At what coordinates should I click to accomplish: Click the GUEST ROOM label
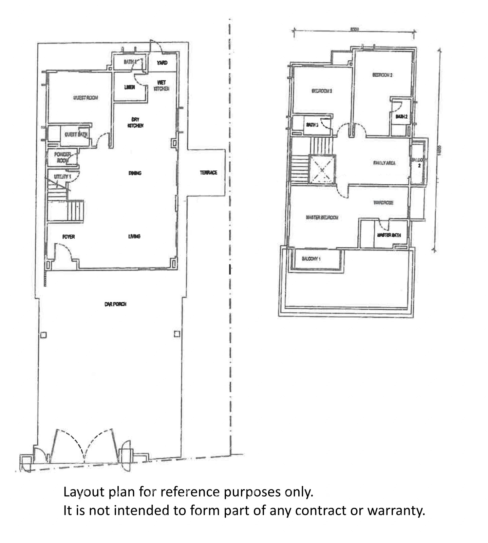(86, 98)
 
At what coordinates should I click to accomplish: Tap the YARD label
(162, 63)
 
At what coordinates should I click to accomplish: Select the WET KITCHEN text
(162, 85)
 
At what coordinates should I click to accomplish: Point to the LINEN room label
(129, 87)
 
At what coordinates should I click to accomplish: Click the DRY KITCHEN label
(135, 122)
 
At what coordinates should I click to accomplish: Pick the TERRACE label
(208, 173)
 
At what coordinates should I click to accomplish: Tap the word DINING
(135, 173)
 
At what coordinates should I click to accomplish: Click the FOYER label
(69, 237)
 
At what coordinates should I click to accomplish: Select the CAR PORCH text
(115, 304)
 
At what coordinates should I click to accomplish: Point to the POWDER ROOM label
(62, 157)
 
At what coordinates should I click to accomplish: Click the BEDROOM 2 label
(382, 75)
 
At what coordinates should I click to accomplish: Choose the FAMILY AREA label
(384, 163)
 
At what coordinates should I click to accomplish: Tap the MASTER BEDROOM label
(322, 217)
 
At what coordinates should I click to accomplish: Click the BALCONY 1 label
(311, 259)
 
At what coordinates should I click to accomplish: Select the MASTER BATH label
(389, 235)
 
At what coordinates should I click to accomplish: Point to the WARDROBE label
(383, 203)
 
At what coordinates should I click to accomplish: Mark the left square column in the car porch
(43, 335)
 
